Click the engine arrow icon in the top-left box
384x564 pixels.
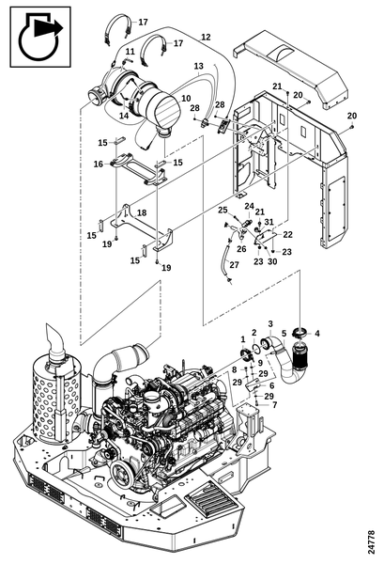(x=40, y=38)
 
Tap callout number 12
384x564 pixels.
(x=206, y=37)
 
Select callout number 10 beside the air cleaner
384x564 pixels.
(x=186, y=98)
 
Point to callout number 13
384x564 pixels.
(x=199, y=66)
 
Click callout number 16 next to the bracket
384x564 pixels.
(x=99, y=164)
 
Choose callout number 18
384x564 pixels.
(x=142, y=212)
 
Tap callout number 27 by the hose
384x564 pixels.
(x=234, y=265)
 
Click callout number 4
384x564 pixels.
(x=316, y=334)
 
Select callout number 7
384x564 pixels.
(x=275, y=405)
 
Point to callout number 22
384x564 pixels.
(x=287, y=234)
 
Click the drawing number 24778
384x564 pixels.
(x=371, y=541)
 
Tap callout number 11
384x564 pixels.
(x=130, y=52)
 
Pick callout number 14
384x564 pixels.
(x=124, y=116)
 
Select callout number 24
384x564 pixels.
(x=250, y=206)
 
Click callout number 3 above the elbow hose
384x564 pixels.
(x=270, y=323)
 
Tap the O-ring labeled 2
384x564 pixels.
(x=255, y=347)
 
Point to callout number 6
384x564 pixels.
(x=271, y=385)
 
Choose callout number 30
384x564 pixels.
(x=272, y=261)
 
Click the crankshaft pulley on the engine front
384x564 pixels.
(x=121, y=478)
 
